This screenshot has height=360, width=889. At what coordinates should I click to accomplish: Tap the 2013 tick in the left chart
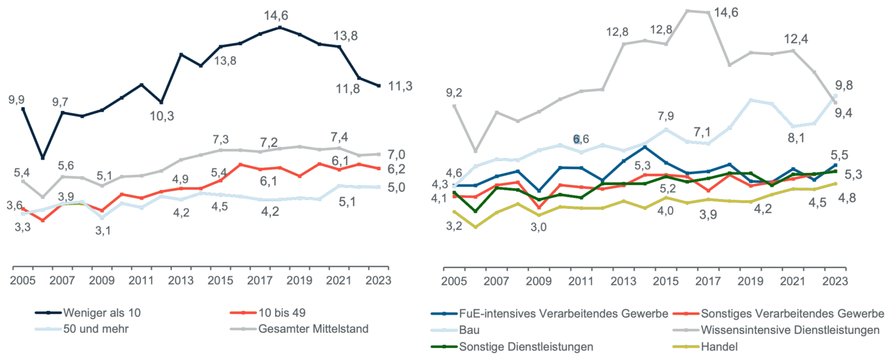181,281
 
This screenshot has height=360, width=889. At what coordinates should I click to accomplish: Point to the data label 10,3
161,116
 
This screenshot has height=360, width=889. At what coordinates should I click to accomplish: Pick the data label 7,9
666,116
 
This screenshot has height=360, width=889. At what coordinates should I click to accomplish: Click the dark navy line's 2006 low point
43,157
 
